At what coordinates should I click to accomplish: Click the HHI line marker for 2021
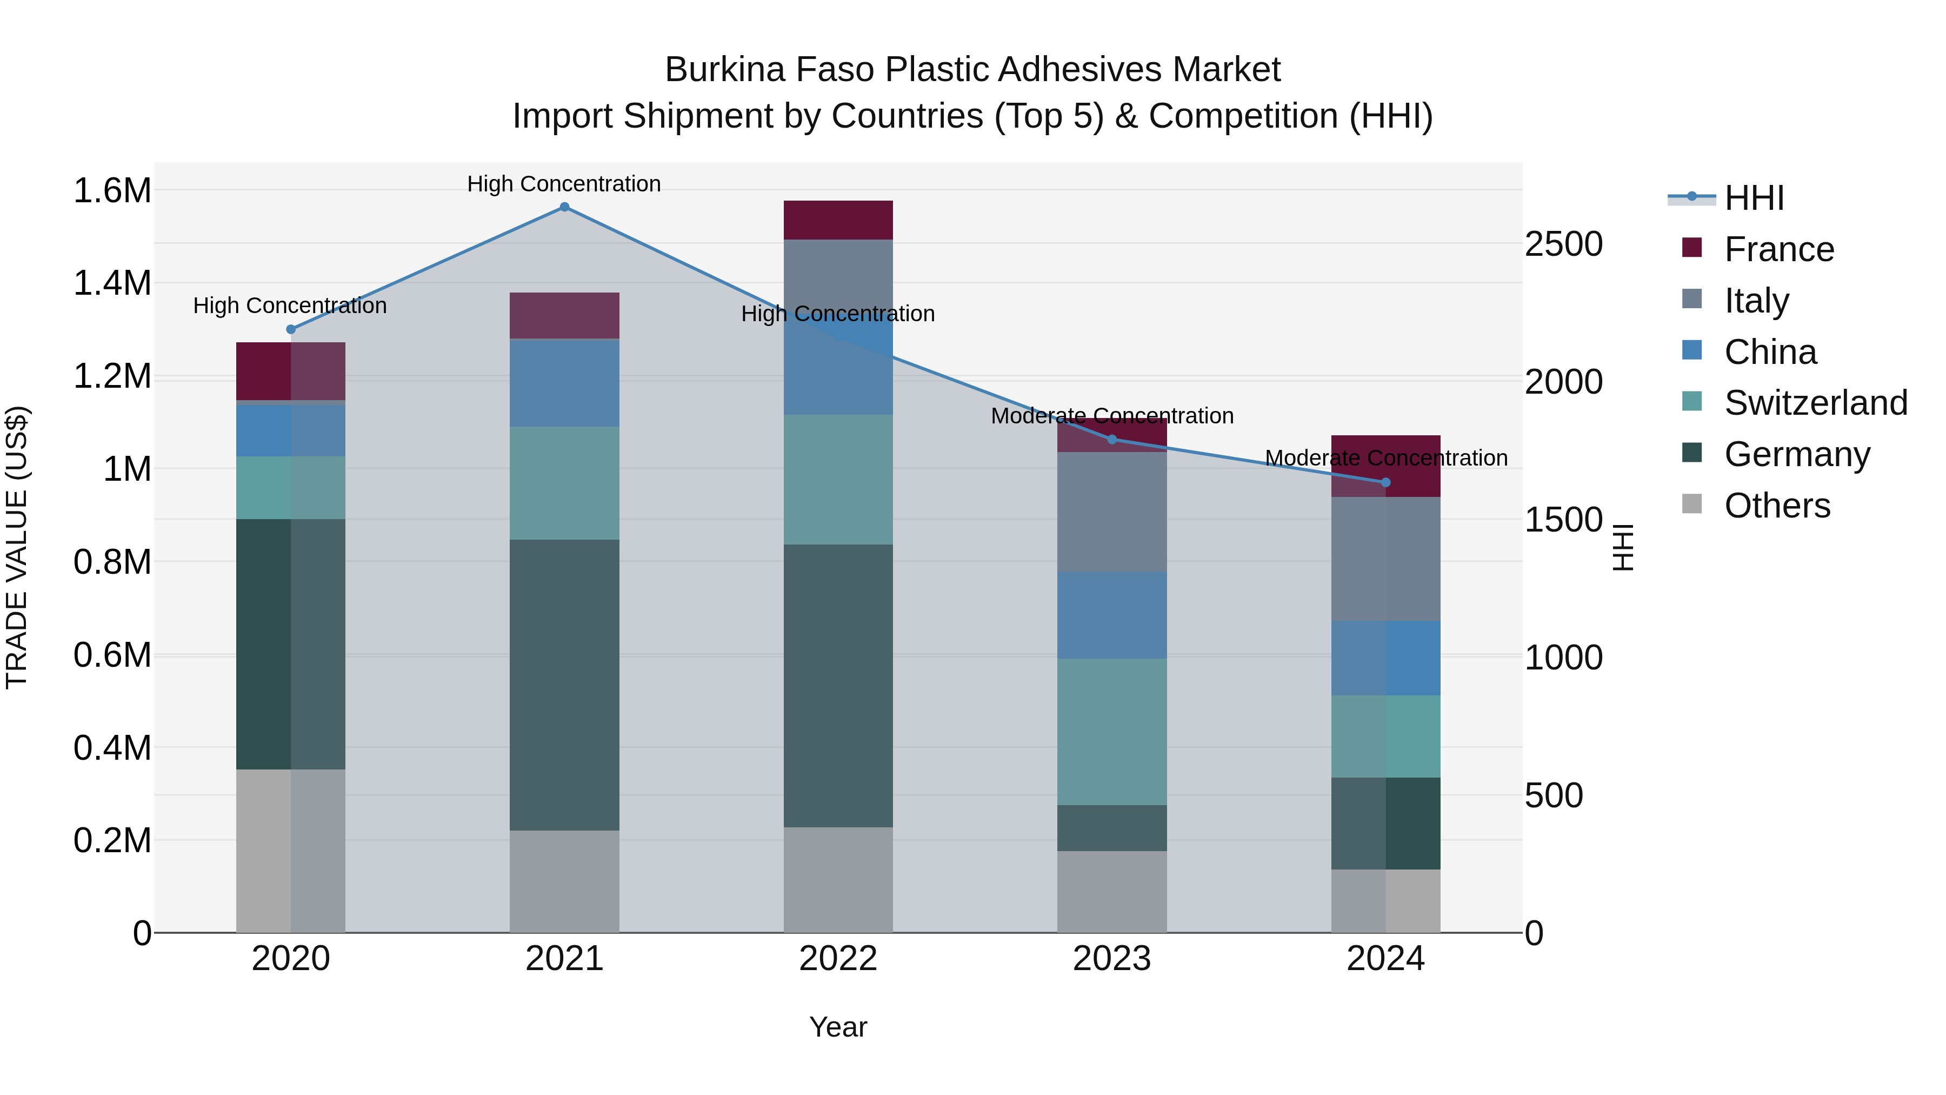point(564,207)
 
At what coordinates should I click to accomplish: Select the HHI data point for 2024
point(1385,482)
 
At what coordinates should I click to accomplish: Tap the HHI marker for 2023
point(1112,439)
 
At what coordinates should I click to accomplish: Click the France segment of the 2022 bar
point(838,220)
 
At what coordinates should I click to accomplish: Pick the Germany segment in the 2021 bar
point(564,685)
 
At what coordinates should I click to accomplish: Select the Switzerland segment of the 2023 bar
point(1112,732)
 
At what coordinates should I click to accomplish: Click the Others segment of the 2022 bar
point(838,880)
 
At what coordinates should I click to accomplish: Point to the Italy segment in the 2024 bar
point(1385,559)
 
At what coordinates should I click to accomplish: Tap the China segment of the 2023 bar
point(1112,615)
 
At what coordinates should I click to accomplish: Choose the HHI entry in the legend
point(1754,198)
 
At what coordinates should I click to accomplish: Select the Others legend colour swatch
point(1692,504)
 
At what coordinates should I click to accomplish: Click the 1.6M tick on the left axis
point(112,190)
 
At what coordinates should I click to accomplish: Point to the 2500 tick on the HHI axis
point(1563,244)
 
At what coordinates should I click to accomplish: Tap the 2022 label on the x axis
point(838,959)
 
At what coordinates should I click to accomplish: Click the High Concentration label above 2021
point(564,184)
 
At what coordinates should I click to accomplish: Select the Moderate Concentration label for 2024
point(1385,458)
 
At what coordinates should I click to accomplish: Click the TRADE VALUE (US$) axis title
point(17,547)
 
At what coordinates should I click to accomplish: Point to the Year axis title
point(838,1027)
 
